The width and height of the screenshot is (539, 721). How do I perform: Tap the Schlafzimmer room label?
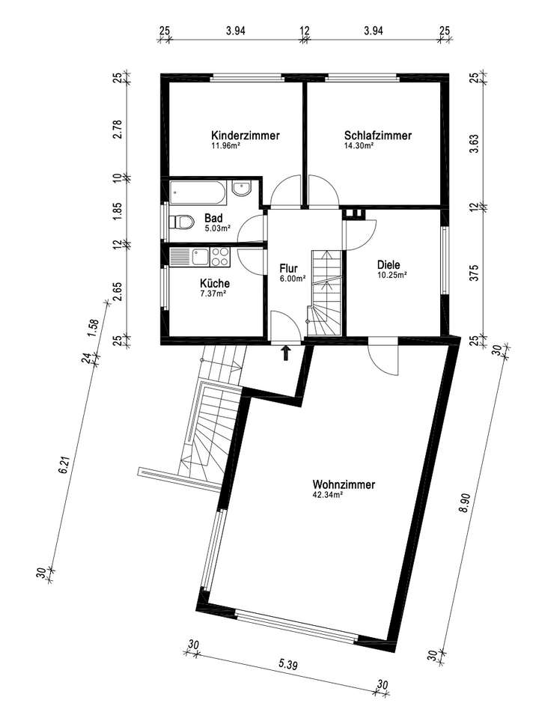pos(378,136)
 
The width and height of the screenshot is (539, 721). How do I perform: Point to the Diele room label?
pos(389,264)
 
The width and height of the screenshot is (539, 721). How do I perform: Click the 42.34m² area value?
pos(328,495)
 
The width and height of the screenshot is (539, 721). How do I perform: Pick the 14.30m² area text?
pos(359,146)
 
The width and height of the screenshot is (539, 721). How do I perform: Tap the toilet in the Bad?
pos(180,222)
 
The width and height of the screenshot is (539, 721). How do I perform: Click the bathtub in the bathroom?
pos(197,194)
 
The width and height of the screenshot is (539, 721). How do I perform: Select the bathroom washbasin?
pos(242,189)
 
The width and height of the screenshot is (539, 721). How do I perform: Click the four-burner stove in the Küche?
pos(219,258)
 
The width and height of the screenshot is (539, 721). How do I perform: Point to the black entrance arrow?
pos(285,353)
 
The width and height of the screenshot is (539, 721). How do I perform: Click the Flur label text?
pos(290,268)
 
